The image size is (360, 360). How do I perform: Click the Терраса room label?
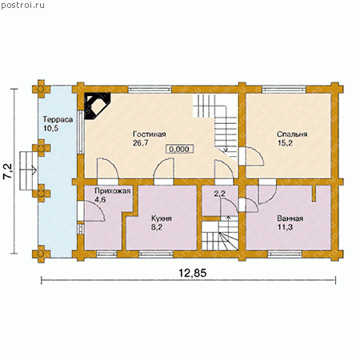click(x=58, y=119)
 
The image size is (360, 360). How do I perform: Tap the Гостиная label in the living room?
click(x=150, y=134)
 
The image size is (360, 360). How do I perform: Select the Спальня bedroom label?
click(x=292, y=134)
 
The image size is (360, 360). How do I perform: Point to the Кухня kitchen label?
click(x=162, y=218)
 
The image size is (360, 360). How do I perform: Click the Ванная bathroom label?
click(x=290, y=218)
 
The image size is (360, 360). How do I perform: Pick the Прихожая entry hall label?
click(x=113, y=191)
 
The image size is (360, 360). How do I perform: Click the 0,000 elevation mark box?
click(x=179, y=149)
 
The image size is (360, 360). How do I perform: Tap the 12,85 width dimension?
click(x=192, y=273)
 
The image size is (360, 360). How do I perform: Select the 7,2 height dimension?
click(x=8, y=171)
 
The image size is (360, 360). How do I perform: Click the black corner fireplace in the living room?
click(x=95, y=105)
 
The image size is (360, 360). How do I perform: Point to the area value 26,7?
click(x=141, y=143)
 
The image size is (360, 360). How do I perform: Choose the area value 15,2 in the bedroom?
click(x=285, y=143)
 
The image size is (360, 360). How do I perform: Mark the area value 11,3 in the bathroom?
click(x=285, y=227)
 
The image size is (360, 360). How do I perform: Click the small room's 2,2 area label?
click(x=219, y=194)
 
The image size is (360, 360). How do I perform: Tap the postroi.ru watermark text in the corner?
click(x=22, y=5)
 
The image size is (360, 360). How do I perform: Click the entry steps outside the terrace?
click(x=28, y=170)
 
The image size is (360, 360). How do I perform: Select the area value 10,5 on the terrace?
click(x=50, y=129)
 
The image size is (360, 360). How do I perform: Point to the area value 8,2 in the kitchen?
click(x=157, y=227)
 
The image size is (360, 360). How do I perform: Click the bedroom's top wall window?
click(x=284, y=89)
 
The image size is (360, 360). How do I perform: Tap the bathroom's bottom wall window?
click(x=285, y=254)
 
